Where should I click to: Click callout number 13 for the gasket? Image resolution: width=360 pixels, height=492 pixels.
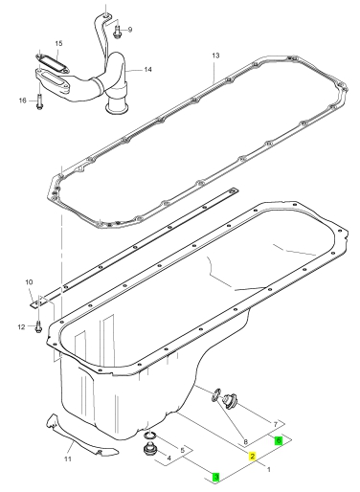click(x=215, y=56)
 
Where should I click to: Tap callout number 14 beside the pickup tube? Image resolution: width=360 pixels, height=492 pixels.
click(x=148, y=70)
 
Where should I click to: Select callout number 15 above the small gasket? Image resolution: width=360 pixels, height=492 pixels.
click(x=58, y=43)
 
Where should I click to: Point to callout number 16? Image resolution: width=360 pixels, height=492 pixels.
click(x=22, y=101)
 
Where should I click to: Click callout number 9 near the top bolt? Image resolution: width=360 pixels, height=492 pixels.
click(x=130, y=30)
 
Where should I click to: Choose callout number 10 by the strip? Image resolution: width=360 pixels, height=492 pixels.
click(x=29, y=282)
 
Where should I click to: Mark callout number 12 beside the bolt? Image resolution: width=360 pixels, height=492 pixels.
click(x=21, y=327)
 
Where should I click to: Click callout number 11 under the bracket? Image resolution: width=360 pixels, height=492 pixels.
click(x=67, y=458)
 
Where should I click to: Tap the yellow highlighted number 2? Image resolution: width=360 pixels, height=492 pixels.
click(x=253, y=457)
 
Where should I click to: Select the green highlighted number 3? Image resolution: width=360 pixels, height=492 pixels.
click(x=216, y=477)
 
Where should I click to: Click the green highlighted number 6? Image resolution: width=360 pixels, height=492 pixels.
click(x=279, y=440)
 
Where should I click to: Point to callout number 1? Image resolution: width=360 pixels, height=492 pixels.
click(x=269, y=469)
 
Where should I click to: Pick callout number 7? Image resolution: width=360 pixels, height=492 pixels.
click(x=276, y=424)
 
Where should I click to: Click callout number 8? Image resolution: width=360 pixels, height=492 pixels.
click(x=245, y=442)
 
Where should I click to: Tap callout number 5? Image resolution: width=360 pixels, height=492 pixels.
click(x=183, y=450)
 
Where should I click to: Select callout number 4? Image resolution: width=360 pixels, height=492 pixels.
click(x=169, y=458)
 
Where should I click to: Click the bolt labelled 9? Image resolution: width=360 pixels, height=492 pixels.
click(x=117, y=33)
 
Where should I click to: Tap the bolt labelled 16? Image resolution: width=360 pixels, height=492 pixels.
click(x=39, y=101)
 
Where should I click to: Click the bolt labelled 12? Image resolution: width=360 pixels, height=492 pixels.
click(x=37, y=326)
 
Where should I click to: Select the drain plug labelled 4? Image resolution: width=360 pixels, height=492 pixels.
click(x=148, y=450)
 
